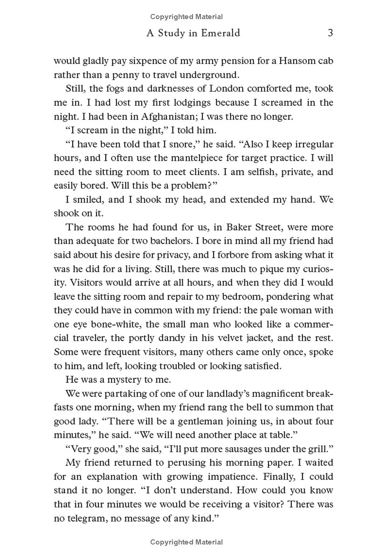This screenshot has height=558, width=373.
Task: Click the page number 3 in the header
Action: point(330,33)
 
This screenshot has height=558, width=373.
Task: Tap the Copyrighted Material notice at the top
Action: point(186,17)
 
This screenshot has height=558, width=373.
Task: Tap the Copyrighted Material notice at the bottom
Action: point(186,542)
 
